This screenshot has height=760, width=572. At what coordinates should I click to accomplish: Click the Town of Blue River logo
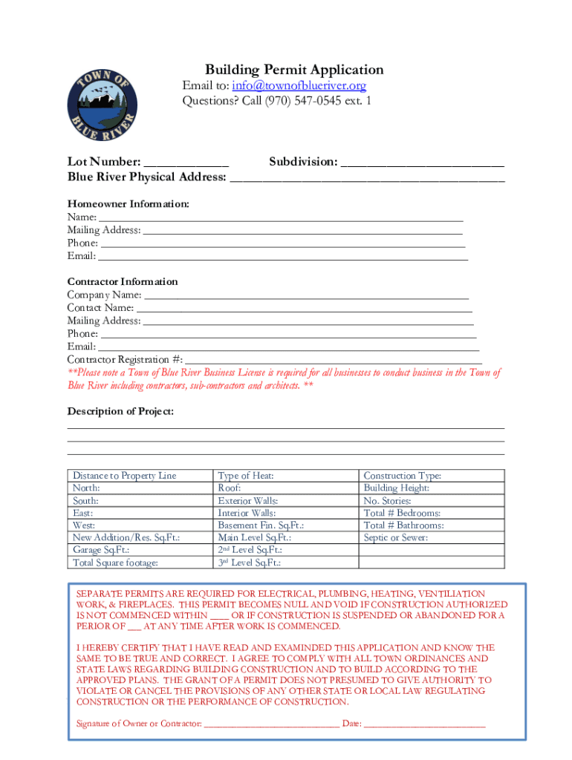tap(102, 101)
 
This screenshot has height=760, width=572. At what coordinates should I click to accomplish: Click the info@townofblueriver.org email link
tap(299, 86)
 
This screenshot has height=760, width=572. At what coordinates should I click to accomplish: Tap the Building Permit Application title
tap(294, 70)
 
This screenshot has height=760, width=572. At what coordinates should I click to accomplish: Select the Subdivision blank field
tap(422, 163)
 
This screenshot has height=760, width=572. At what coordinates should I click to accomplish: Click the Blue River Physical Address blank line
tap(367, 178)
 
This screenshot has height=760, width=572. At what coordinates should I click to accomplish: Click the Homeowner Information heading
tap(129, 203)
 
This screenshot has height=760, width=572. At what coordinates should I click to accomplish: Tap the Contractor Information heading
tap(123, 281)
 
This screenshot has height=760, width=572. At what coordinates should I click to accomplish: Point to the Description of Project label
tap(120, 411)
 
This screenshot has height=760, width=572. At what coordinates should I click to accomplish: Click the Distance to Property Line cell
tap(125, 476)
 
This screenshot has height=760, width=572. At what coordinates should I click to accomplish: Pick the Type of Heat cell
tap(246, 476)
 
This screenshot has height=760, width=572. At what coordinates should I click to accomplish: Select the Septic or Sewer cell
tap(395, 537)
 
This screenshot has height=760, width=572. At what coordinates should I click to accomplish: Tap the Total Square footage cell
tap(116, 563)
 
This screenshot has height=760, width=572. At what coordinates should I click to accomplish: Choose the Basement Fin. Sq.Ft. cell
tap(261, 525)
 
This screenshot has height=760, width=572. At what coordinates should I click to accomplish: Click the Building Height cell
tap(397, 488)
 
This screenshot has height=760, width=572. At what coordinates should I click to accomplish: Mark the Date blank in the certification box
tap(424, 724)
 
